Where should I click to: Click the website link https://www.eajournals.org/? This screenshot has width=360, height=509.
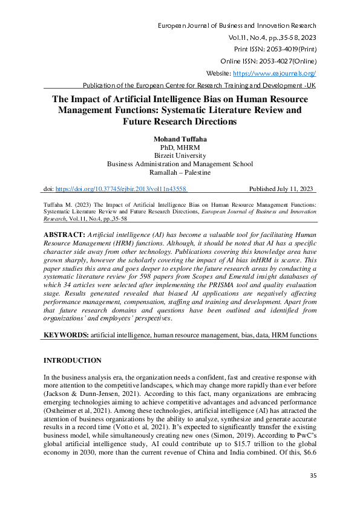coord(274,73)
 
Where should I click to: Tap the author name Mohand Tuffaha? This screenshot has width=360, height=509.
coord(180,138)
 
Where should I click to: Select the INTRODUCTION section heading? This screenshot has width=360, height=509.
coord(72,361)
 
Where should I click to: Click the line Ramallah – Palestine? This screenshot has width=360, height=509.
coord(180,172)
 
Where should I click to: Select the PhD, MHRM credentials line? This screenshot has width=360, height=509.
coord(180,147)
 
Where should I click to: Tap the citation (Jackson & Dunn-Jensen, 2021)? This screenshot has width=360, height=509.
coord(86,392)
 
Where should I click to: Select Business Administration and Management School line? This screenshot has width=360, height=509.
coord(180,164)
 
